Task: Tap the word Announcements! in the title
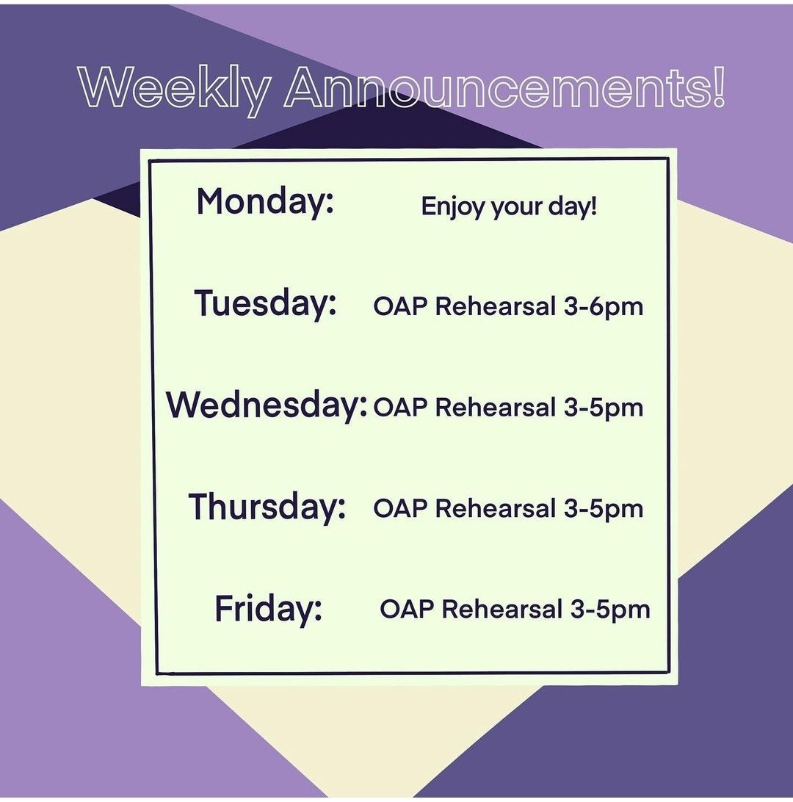(505, 90)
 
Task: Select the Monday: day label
(265, 201)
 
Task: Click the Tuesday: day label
(265, 303)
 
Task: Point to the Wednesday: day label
(267, 405)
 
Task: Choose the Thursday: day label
(267, 506)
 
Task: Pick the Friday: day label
(268, 608)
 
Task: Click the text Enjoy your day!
(509, 207)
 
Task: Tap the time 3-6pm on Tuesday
(604, 307)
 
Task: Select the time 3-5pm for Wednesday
(604, 408)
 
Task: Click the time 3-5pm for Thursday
(604, 508)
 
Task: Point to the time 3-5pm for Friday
(610, 610)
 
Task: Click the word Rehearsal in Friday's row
(501, 610)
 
